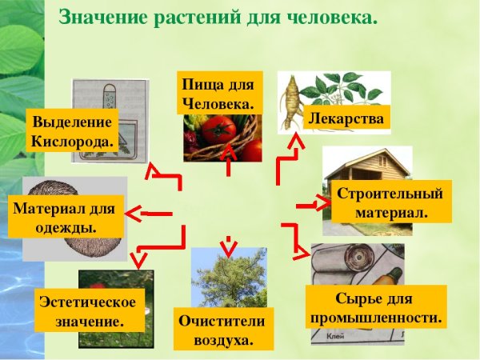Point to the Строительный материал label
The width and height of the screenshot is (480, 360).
click(x=390, y=203)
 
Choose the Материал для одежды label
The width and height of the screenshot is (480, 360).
click(x=66, y=217)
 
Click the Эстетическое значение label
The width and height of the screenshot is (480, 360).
click(x=89, y=311)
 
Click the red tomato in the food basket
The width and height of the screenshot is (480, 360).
click(x=218, y=128)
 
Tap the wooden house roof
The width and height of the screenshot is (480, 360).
click(x=364, y=162)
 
